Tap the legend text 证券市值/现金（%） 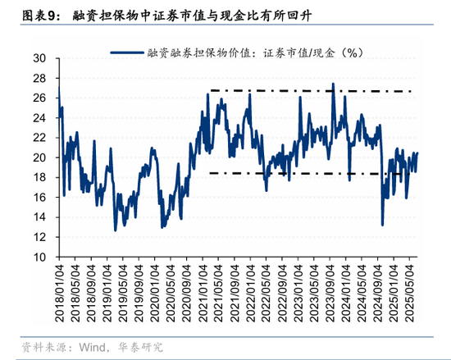pos(311,53)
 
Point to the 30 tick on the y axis pos(39,58)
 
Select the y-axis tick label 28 pos(39,78)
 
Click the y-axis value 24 pos(39,117)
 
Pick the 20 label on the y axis pos(39,157)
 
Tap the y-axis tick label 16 pos(39,197)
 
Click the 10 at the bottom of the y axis pos(39,257)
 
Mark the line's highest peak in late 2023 pos(333,84)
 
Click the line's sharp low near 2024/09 pos(382,224)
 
